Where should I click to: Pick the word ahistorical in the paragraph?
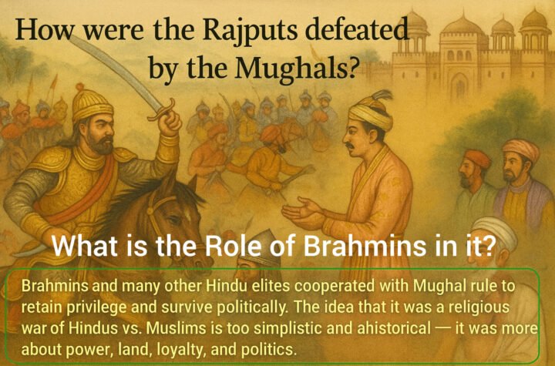tap(394, 328)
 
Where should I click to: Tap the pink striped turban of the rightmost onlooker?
tap(522, 149)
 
